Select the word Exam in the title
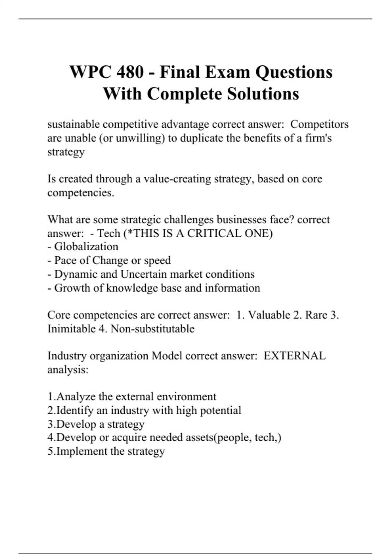pyautogui.click(x=228, y=72)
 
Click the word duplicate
pyautogui.click(x=202, y=138)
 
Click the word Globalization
pyautogui.click(x=86, y=247)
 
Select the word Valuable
pyautogui.click(x=269, y=315)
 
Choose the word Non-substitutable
pyautogui.click(x=152, y=329)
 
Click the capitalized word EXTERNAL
pyautogui.click(x=294, y=356)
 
